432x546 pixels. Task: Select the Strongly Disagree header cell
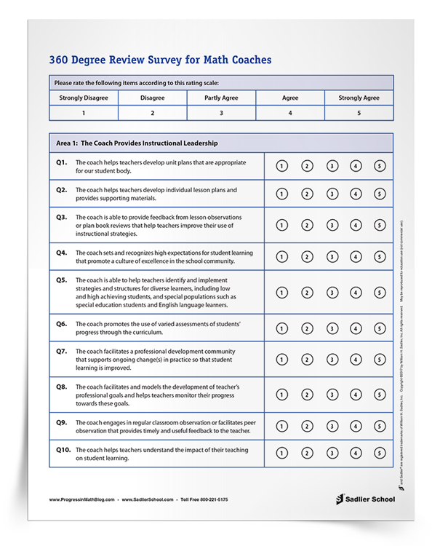click(x=84, y=98)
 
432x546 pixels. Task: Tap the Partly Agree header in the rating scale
click(x=221, y=98)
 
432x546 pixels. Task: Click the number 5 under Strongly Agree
click(x=359, y=113)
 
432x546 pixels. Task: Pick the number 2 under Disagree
click(x=152, y=113)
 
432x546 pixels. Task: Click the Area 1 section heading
click(x=137, y=143)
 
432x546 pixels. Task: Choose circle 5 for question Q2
click(x=380, y=194)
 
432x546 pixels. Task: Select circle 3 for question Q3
click(x=332, y=226)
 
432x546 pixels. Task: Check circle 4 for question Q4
click(x=356, y=257)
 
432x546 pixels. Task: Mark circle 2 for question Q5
click(x=307, y=293)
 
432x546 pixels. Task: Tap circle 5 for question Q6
click(x=380, y=328)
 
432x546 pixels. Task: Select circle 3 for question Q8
click(x=332, y=395)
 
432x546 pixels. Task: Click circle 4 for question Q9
click(x=356, y=427)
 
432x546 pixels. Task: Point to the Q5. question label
click(x=62, y=280)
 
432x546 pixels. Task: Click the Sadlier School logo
click(x=364, y=499)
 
